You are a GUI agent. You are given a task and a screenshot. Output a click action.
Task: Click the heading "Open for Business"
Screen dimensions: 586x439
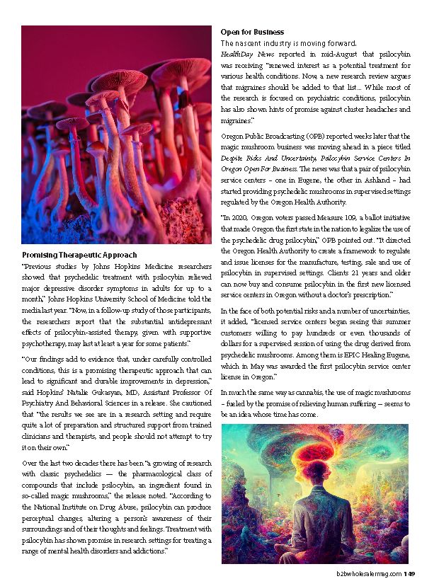(252, 32)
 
